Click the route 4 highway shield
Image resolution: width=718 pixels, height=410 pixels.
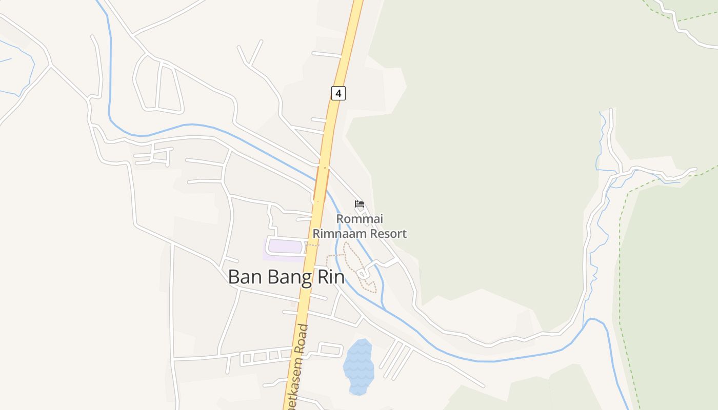point(338,93)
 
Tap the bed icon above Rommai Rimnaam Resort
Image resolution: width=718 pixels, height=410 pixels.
point(359,204)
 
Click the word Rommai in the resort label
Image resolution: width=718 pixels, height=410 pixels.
point(360,219)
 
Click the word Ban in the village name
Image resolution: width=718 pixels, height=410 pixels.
point(242,277)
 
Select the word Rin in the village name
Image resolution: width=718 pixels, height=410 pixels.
point(331,277)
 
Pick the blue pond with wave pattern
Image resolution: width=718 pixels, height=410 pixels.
point(358,366)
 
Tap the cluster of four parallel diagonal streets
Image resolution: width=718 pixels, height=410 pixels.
point(396,359)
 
